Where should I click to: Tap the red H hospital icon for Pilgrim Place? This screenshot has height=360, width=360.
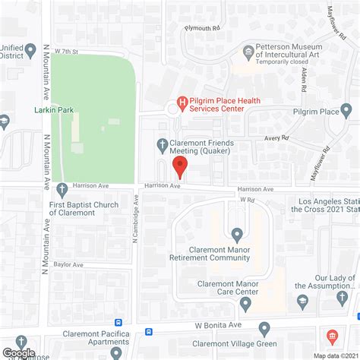182,102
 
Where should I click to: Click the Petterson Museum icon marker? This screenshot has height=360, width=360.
248,52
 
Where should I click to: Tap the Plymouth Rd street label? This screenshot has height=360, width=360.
202,27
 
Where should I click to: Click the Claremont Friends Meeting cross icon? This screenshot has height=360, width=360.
162,144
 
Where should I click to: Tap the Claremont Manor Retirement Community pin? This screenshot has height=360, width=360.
238,234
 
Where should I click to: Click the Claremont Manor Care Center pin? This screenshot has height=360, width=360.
245,304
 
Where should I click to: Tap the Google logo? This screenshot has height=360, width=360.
19,352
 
